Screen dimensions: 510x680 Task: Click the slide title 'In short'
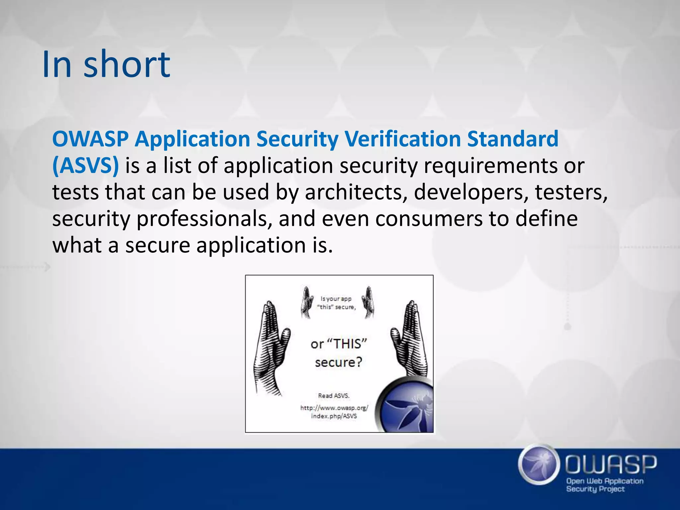106,64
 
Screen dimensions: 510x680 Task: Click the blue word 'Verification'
402,139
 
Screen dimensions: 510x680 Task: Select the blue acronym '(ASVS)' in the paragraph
85,165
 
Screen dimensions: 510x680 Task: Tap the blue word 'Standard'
513,139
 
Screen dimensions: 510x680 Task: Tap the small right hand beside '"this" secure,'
368,302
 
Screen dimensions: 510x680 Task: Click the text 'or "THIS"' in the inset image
339,344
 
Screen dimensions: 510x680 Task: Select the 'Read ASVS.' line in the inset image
334,395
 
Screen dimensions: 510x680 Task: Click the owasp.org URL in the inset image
334,412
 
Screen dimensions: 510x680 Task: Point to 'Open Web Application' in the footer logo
605,481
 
